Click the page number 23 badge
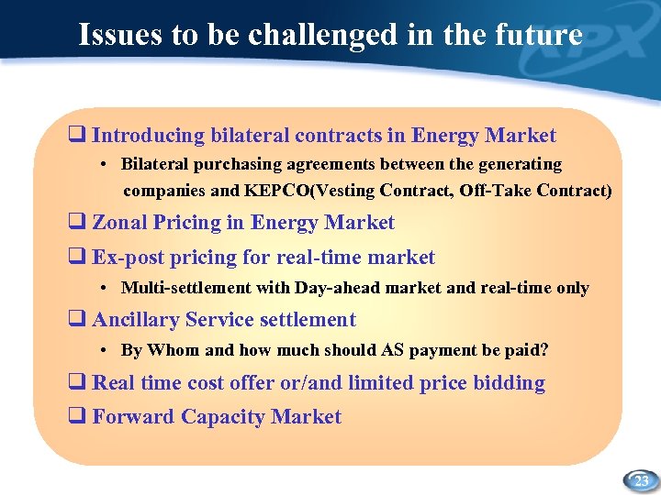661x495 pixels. coord(642,479)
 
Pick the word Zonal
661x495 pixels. coord(119,223)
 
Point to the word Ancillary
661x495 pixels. coord(136,320)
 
